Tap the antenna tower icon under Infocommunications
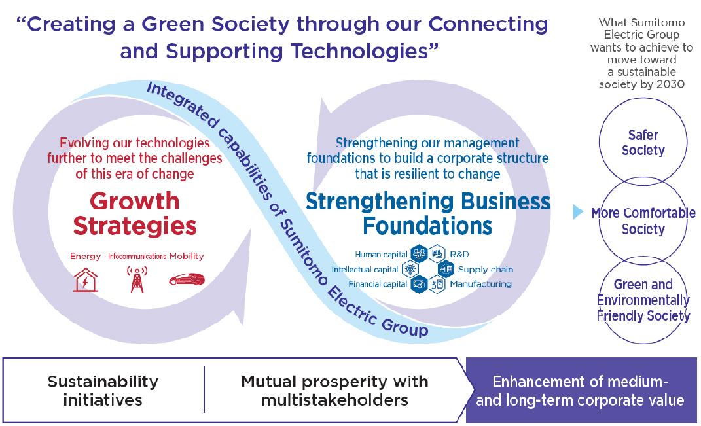click(137, 279)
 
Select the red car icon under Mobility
click(186, 279)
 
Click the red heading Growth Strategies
click(134, 212)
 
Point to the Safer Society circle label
click(642, 143)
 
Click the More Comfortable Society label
click(643, 221)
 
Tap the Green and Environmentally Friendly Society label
click(643, 300)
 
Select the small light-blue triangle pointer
click(577, 213)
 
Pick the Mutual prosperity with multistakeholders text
click(334, 390)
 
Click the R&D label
click(459, 254)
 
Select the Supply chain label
click(485, 269)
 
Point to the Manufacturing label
click(480, 284)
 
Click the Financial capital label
click(378, 284)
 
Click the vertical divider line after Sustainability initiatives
click(204, 390)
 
